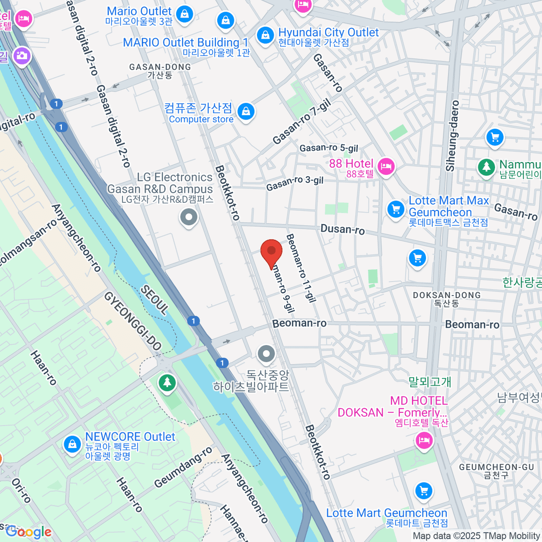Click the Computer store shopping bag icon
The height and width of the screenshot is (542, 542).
[246, 111]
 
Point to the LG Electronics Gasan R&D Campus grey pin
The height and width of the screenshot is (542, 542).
[189, 217]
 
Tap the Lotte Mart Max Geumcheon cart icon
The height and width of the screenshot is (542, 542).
[396, 209]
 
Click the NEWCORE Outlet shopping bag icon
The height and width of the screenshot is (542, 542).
[72, 444]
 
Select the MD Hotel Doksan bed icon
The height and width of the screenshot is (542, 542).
[424, 439]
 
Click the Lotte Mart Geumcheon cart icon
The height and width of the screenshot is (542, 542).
[423, 491]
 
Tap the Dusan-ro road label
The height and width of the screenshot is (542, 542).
[342, 229]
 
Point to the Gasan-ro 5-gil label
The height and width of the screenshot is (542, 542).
[329, 148]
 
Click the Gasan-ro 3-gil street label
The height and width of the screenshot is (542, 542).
[295, 183]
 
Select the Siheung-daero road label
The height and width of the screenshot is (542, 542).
[452, 135]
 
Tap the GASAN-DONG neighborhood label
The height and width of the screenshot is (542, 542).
[160, 67]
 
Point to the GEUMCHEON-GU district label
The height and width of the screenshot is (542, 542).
[496, 467]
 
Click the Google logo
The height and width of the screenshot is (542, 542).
[28, 532]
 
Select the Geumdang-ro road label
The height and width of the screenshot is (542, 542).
[183, 468]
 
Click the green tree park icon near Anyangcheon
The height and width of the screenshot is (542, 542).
[168, 383]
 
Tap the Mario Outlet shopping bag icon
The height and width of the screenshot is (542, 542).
[184, 14]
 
